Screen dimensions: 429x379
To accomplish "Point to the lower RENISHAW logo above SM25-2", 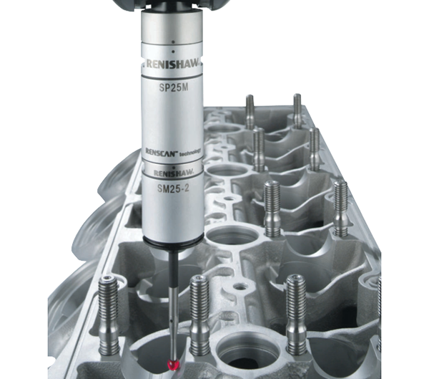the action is pos(174,173).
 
